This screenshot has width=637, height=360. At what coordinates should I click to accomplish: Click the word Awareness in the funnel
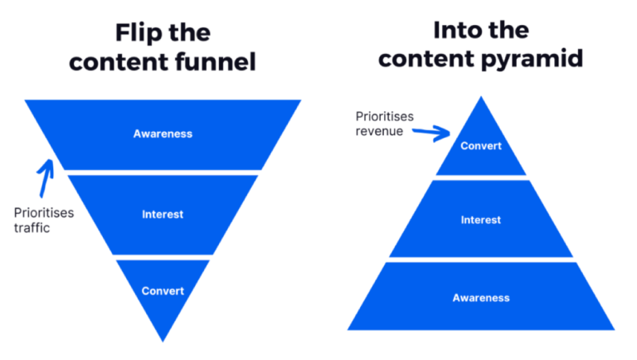pyautogui.click(x=163, y=134)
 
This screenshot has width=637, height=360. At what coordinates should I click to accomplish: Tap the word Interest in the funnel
pyautogui.click(x=163, y=215)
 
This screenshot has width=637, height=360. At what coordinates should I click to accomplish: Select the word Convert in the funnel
pyautogui.click(x=163, y=291)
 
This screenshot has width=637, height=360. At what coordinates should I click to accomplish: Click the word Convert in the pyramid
pyautogui.click(x=481, y=147)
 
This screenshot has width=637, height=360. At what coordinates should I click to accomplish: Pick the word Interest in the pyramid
pyautogui.click(x=481, y=220)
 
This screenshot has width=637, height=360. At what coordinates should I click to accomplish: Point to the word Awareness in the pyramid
pyautogui.click(x=481, y=297)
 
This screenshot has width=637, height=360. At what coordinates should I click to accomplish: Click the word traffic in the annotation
pyautogui.click(x=32, y=227)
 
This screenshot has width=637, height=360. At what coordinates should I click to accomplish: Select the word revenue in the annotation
pyautogui.click(x=379, y=131)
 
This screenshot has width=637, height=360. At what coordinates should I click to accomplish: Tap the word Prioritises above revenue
pyautogui.click(x=384, y=117)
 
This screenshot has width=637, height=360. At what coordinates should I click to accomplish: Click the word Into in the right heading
pyautogui.click(x=458, y=31)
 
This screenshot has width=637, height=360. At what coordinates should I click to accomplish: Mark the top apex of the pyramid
pyautogui.click(x=481, y=98)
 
